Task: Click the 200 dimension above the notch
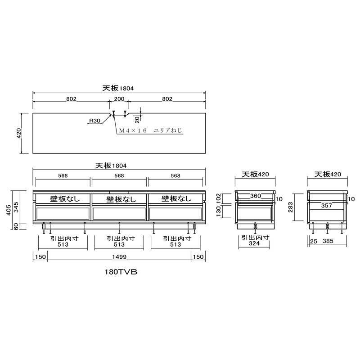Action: coord(119,99)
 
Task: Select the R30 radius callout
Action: coord(95,121)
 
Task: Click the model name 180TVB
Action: coord(119,272)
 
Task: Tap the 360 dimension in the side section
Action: coord(256,196)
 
